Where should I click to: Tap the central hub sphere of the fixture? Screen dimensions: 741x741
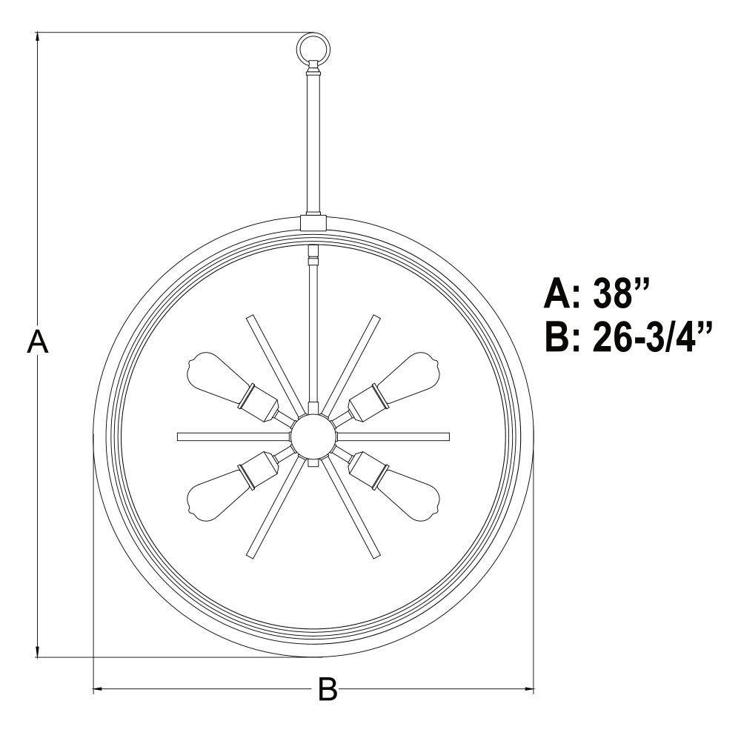click(313, 436)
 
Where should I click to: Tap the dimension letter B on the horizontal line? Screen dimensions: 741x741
click(328, 689)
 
